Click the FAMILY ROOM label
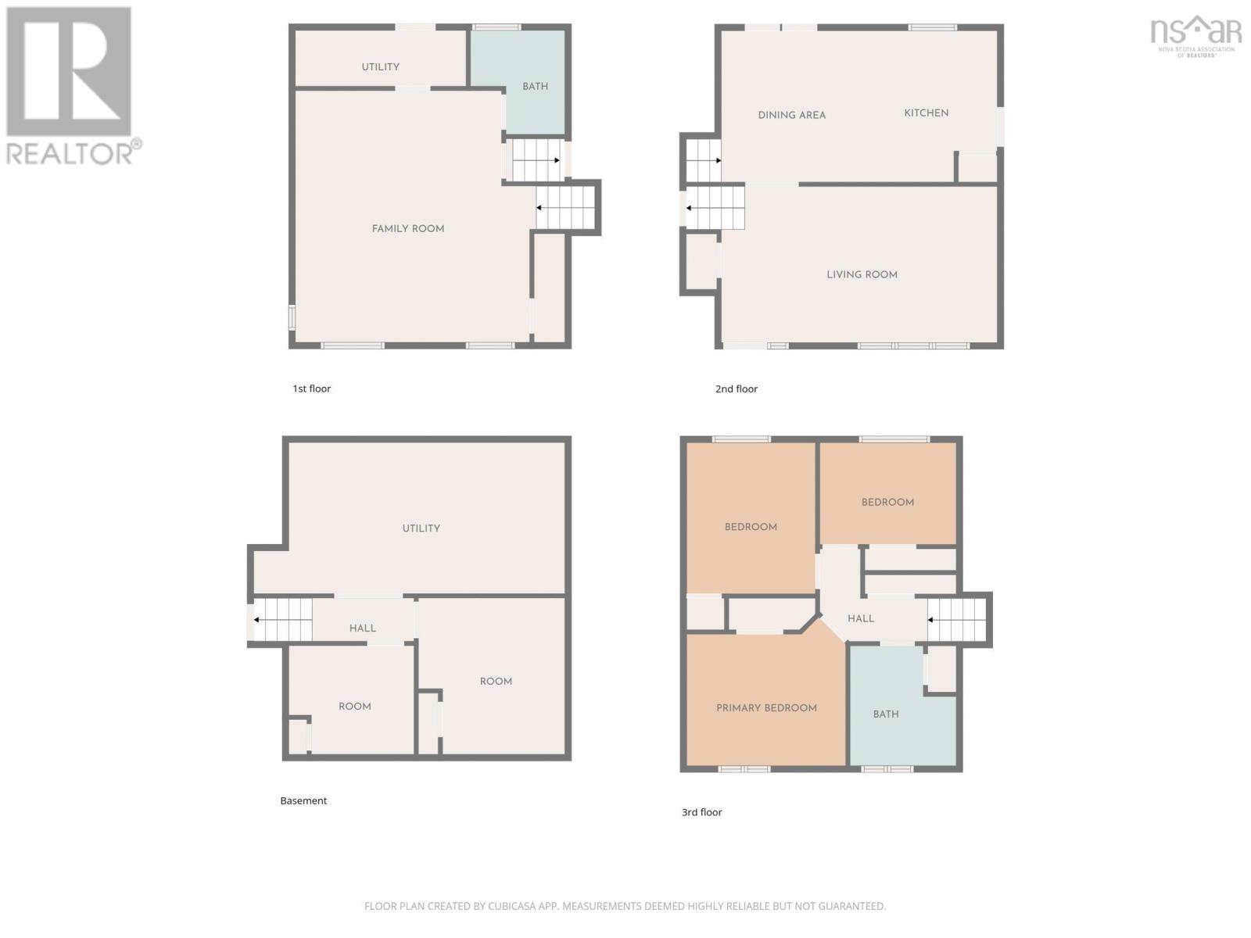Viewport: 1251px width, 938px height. click(407, 229)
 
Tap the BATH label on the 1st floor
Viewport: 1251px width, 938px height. click(535, 87)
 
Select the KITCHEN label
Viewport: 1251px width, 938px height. click(926, 113)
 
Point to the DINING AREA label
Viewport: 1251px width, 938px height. click(791, 116)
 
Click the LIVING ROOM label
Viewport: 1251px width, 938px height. click(862, 275)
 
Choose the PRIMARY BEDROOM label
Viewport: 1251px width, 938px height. click(766, 708)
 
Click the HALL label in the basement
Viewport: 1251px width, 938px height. click(362, 628)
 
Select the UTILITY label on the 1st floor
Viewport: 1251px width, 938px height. click(380, 67)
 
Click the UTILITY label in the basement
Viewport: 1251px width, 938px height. click(421, 528)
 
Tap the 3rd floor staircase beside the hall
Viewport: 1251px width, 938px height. click(956, 620)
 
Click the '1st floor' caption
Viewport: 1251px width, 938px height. click(311, 388)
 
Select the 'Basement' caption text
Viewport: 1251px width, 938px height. click(303, 800)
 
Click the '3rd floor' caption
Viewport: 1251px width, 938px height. click(701, 812)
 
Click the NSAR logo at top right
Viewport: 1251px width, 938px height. click(1195, 34)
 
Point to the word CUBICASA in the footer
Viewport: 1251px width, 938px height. click(512, 906)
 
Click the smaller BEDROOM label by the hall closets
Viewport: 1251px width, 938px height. click(887, 503)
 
